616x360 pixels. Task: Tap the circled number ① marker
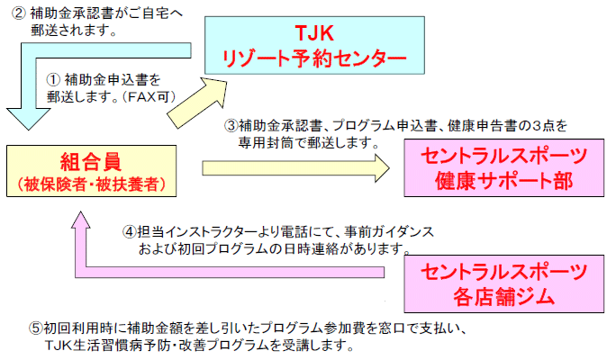pos(54,80)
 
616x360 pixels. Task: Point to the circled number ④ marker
pos(129,230)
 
